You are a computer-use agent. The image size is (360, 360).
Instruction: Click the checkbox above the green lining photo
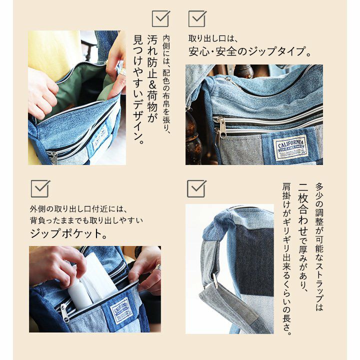[160, 19]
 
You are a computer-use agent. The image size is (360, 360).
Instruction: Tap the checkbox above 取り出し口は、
[197, 19]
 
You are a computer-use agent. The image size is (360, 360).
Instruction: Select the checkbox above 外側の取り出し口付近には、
[40, 189]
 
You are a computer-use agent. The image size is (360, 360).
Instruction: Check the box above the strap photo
[196, 189]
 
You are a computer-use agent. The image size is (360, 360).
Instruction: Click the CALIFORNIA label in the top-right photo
[290, 147]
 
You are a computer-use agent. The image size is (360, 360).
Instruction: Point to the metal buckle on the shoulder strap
[215, 280]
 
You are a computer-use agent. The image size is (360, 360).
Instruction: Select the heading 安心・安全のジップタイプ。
[249, 51]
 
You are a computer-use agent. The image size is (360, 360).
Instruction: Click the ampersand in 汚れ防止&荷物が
[152, 85]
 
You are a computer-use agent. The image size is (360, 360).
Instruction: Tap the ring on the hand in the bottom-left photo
[158, 267]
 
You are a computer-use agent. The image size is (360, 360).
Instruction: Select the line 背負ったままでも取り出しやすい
[86, 220]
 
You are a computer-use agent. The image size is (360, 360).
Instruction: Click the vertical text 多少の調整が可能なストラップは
[319, 246]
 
